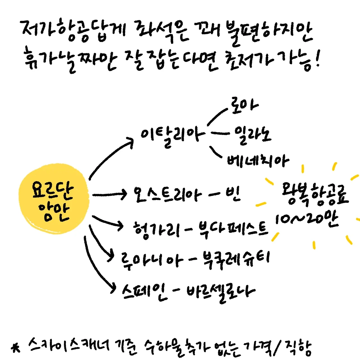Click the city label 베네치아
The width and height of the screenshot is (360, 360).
pyautogui.click(x=258, y=161)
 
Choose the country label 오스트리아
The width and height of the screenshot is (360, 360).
pyautogui.click(x=168, y=194)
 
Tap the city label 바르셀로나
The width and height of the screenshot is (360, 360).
pyautogui.click(x=220, y=292)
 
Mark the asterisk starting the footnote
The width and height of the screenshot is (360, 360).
pyautogui.click(x=16, y=348)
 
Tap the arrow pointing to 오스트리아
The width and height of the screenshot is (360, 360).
pyautogui.click(x=110, y=194)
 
